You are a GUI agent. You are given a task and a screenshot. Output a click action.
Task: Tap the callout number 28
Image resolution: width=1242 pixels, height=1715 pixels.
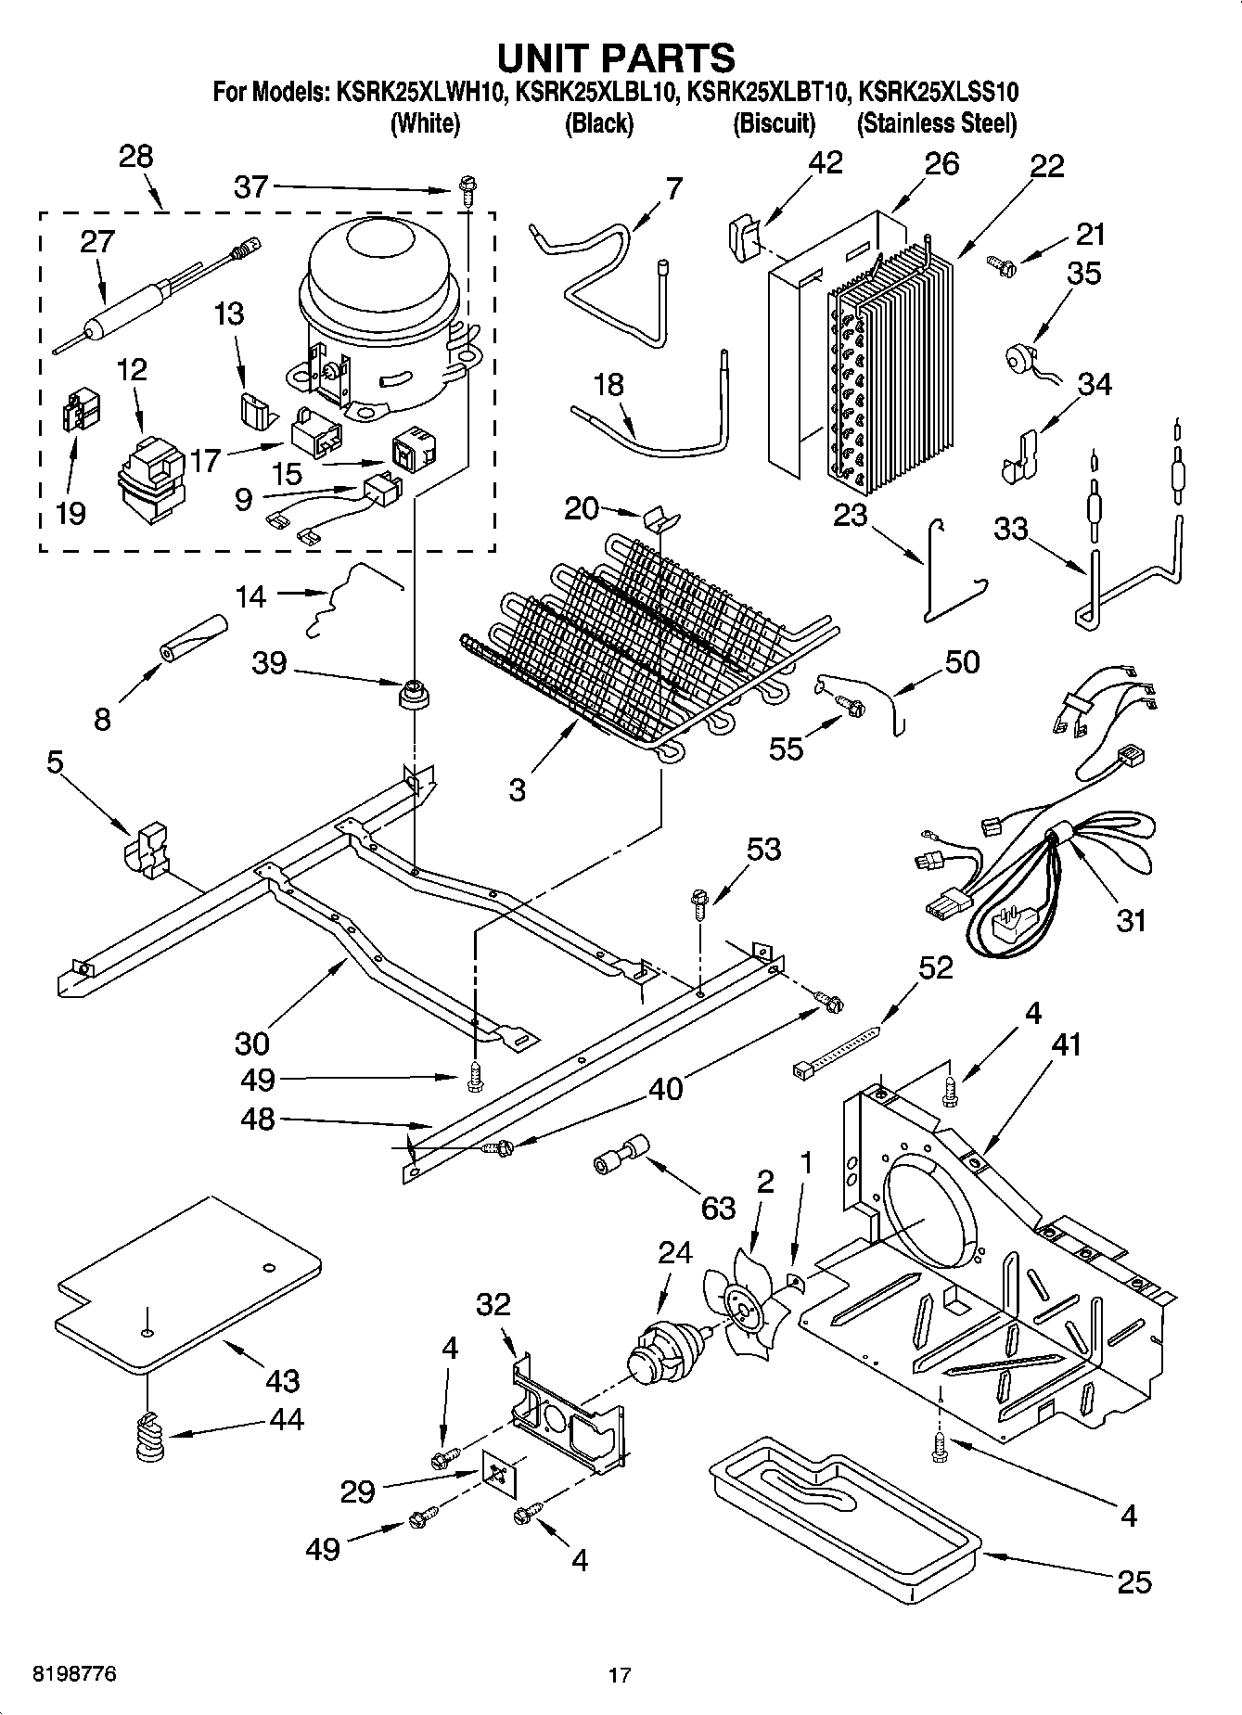tap(135, 156)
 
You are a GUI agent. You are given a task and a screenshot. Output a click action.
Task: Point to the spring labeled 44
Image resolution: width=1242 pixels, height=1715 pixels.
tap(148, 1438)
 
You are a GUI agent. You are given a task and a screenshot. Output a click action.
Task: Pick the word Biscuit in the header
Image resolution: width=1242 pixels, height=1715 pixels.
tap(774, 123)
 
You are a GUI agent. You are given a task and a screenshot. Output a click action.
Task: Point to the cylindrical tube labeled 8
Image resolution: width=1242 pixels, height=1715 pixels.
tap(192, 640)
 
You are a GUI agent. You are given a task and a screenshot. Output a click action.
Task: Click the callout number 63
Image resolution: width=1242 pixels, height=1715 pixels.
tap(717, 1208)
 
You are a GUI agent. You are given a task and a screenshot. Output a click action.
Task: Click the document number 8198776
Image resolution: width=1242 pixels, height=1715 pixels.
tap(74, 1674)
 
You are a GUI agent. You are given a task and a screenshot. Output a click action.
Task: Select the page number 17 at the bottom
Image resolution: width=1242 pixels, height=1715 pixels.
tap(620, 1675)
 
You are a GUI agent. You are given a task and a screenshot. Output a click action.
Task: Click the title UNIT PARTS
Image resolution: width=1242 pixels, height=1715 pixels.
tap(616, 57)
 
